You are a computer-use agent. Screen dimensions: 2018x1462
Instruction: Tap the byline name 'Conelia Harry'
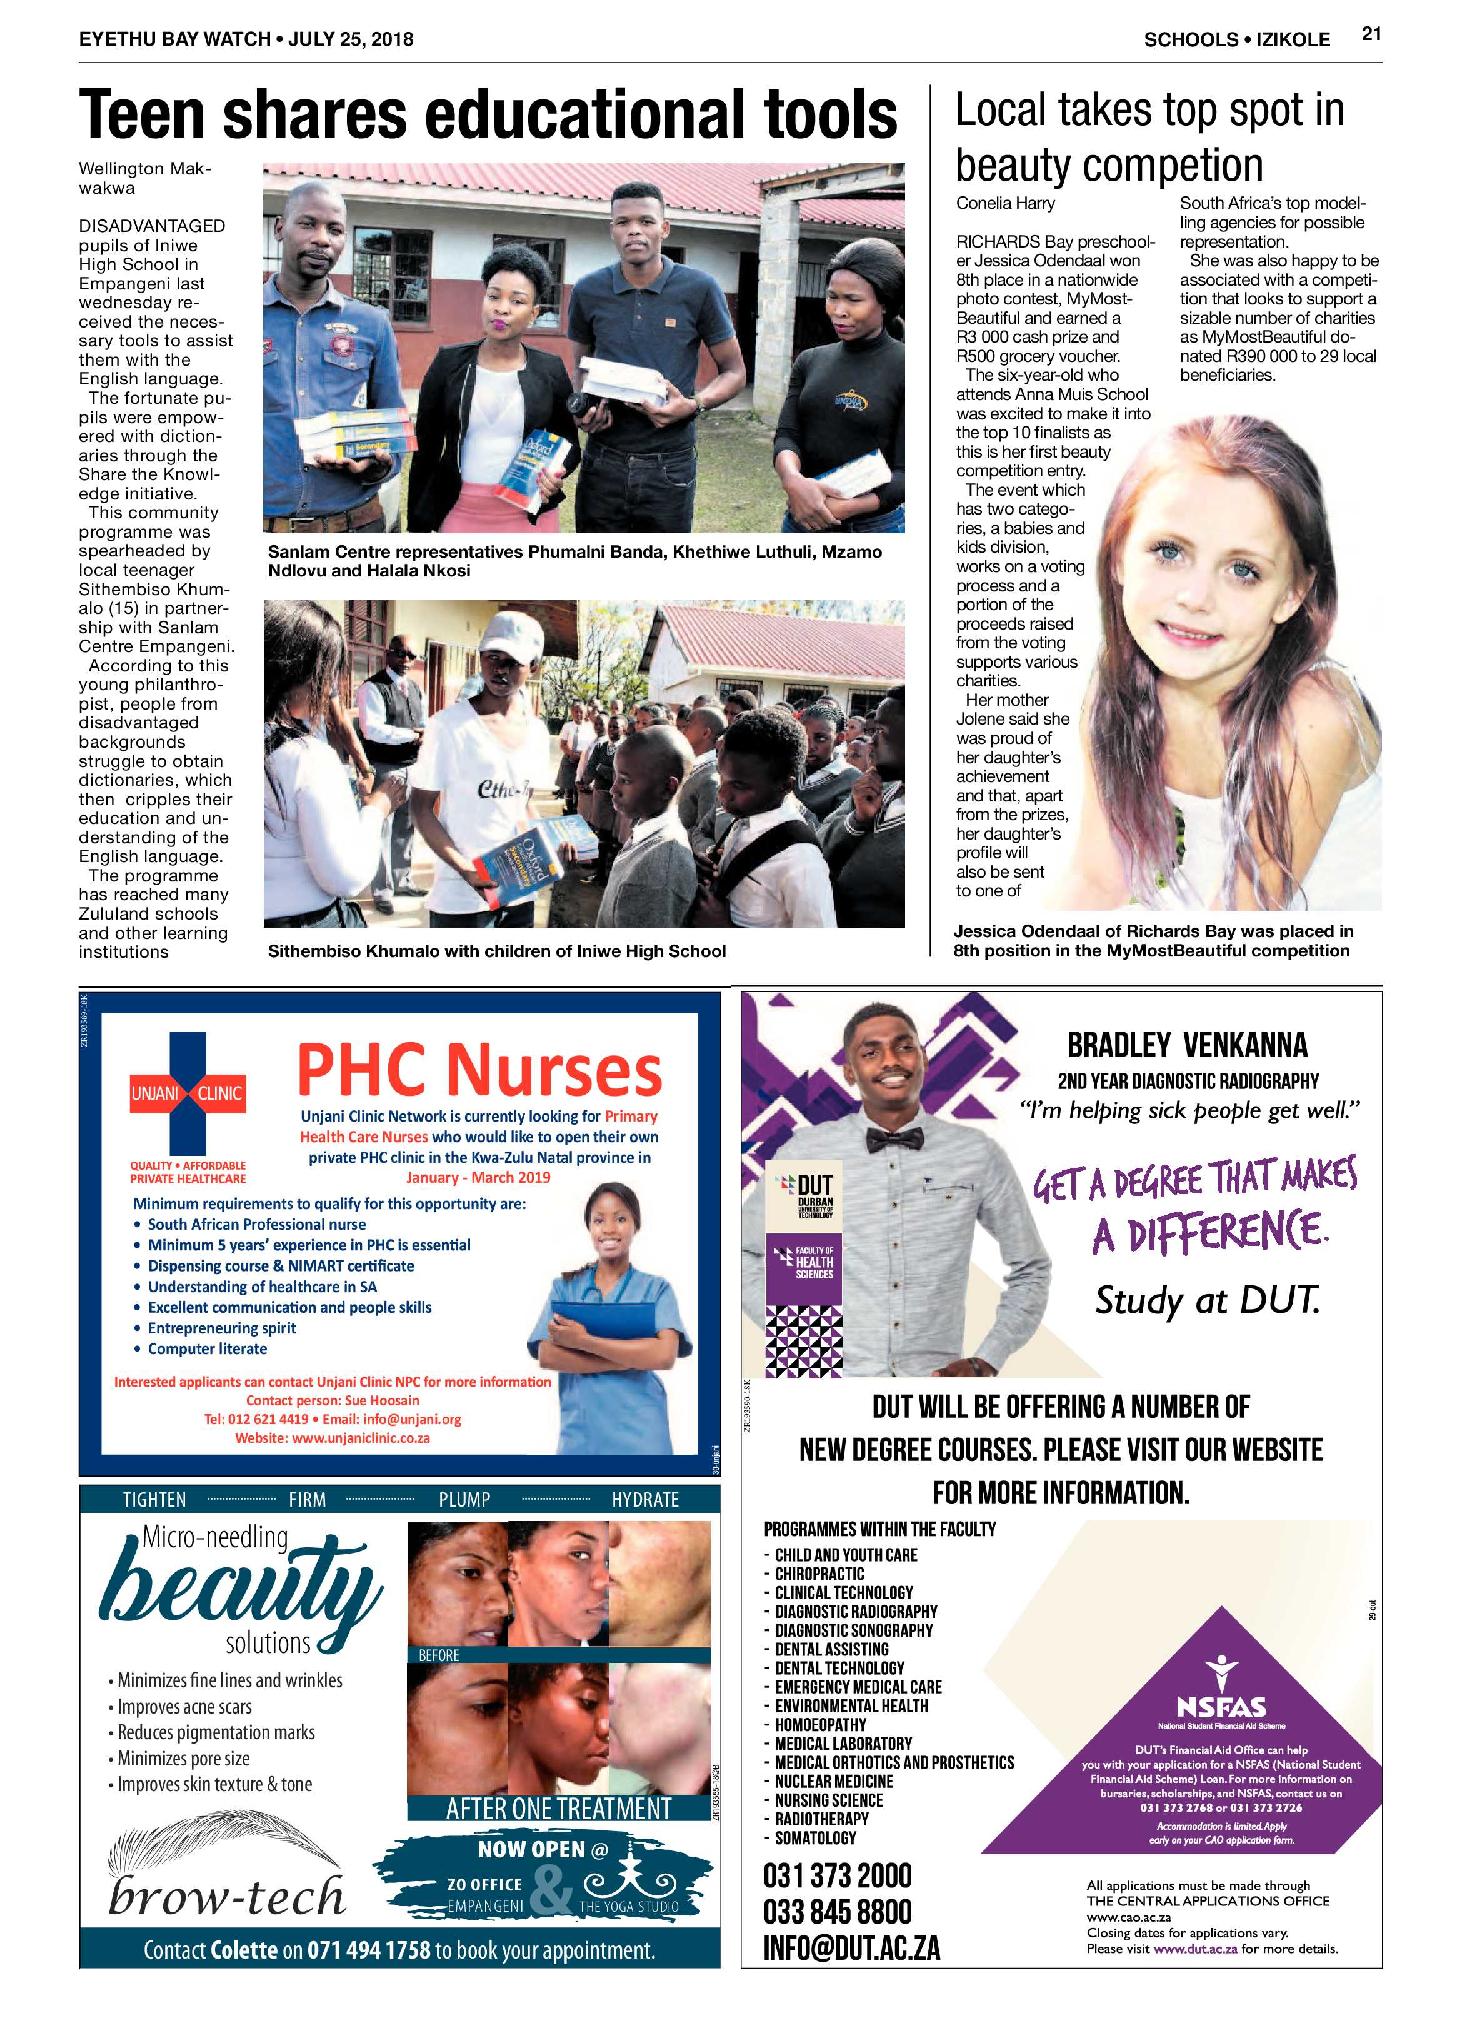(x=1004, y=204)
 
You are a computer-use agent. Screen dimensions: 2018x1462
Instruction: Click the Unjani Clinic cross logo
(x=188, y=1093)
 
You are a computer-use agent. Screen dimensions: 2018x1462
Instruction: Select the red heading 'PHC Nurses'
(x=479, y=1070)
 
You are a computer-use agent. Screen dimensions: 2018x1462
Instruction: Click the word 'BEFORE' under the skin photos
(x=439, y=1656)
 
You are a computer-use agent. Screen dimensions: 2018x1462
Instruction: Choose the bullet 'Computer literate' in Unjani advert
(x=208, y=1349)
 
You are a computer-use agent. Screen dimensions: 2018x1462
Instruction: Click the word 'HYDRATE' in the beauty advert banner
(x=645, y=1500)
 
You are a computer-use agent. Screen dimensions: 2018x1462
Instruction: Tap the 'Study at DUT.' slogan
(x=1206, y=1301)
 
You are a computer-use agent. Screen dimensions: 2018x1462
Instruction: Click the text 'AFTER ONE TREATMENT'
(x=559, y=1809)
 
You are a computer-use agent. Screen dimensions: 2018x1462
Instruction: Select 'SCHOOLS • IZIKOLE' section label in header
(x=1237, y=40)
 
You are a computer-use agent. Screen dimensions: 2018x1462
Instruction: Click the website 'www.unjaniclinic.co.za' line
(x=332, y=1438)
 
